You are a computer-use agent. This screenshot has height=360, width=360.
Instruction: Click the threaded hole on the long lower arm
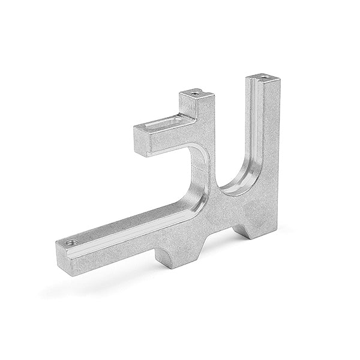click(71, 242)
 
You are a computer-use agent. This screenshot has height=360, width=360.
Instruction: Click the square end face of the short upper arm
click(142, 142)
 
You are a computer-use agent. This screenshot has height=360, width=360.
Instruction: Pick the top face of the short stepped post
click(195, 94)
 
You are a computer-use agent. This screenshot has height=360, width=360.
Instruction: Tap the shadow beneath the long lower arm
click(108, 282)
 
